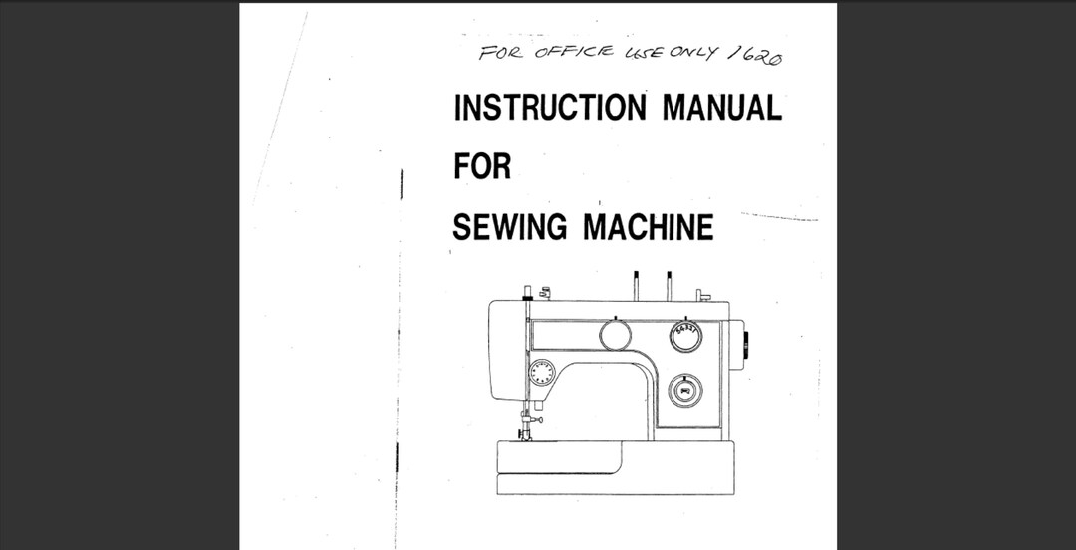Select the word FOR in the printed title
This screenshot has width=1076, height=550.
[x=482, y=166]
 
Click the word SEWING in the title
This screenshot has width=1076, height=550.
[x=511, y=227]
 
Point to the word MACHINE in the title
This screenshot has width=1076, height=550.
[x=648, y=227]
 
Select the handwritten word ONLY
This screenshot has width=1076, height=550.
[x=693, y=52]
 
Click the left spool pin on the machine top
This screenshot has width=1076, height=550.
[x=635, y=285]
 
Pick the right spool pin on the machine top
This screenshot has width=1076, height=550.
[x=669, y=285]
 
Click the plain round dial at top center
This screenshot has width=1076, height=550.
[x=615, y=336]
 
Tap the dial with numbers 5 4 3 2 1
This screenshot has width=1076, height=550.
[x=685, y=336]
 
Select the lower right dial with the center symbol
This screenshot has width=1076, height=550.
[x=684, y=390]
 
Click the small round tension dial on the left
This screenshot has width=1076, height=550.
[x=542, y=373]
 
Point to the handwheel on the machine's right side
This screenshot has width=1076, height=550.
[x=745, y=345]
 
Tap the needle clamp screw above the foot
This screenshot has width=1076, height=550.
[x=535, y=421]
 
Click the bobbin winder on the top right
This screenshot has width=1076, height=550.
[x=702, y=295]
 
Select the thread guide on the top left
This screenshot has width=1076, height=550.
[x=544, y=292]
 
